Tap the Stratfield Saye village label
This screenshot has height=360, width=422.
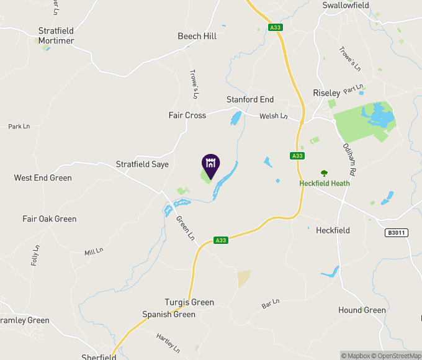pos(142,164)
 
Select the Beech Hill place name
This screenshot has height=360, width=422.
pos(197,36)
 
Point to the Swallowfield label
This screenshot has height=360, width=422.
pos(346,5)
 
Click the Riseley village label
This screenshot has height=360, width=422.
pos(326,92)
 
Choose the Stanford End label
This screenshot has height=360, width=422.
pos(249,99)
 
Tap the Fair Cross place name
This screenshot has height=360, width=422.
pos(187,115)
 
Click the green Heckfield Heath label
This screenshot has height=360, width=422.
pos(325,183)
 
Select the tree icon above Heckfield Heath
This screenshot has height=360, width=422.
pos(323,174)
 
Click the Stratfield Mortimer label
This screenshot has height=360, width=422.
pos(56,35)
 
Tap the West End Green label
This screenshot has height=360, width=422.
pos(43,178)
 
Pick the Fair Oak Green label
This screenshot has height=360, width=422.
pos(50,218)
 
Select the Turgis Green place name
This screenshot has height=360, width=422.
pos(189,302)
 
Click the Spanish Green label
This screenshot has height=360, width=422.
pos(169,314)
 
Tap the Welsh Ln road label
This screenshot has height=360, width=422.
pos(274,116)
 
